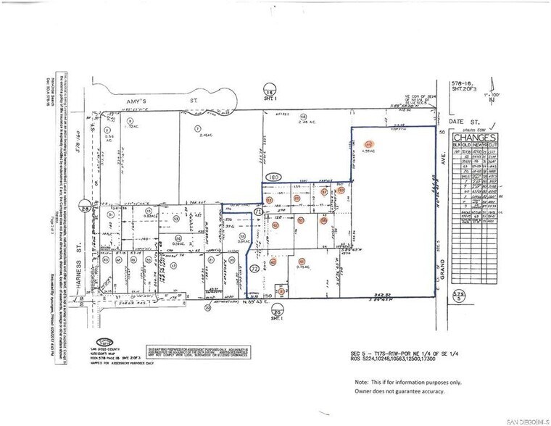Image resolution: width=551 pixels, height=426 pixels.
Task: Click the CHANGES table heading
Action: coord(474,138)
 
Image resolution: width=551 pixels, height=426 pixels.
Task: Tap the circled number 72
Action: coord(254,269)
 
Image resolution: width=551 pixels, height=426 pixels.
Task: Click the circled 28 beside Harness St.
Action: coord(86,209)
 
